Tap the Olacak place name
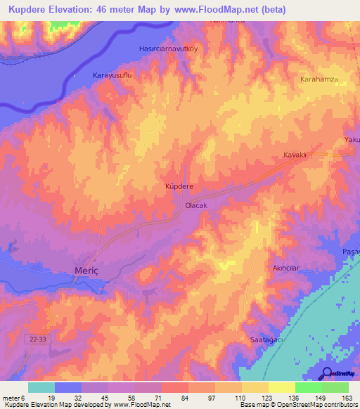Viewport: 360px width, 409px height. point(195,205)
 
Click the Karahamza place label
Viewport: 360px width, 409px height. point(319,79)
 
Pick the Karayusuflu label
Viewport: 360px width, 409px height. point(112,74)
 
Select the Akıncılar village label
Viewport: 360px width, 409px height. point(286,268)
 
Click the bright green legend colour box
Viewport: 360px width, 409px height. point(308,387)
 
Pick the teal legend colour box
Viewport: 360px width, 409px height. point(41,387)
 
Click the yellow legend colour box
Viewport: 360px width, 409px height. point(255,387)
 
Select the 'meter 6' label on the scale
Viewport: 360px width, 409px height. point(14,398)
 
